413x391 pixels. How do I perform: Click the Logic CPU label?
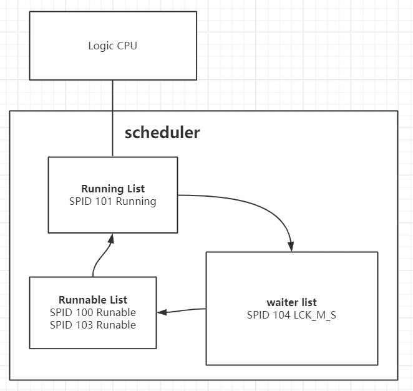point(112,46)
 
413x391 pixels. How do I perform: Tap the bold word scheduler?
point(162,132)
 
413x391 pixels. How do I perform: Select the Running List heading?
point(113,189)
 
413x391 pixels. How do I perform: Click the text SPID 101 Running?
point(113,201)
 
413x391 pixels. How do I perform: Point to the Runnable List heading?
point(93,300)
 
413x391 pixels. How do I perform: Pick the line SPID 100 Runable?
point(93,312)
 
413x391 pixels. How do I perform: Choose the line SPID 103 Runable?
point(93,325)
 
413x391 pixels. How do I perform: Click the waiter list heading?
point(291,302)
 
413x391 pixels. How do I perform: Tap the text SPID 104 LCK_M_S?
point(291,315)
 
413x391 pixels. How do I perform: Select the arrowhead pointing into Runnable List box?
point(161,312)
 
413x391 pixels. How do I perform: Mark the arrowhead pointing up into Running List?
point(112,238)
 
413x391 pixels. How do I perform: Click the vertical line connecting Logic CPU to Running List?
point(113,119)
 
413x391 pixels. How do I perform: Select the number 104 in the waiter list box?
point(280,315)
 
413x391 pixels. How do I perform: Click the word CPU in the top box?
point(127,46)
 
